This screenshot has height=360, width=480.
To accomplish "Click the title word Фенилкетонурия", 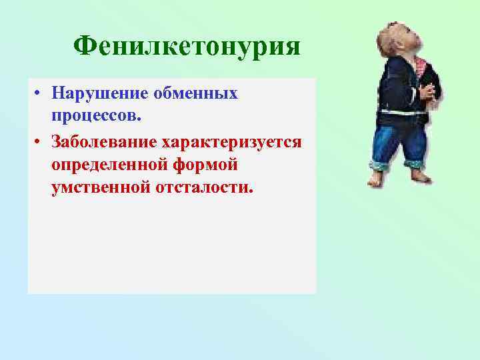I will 187,47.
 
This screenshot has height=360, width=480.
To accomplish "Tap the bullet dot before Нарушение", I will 40,95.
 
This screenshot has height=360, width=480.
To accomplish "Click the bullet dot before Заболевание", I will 40,142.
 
